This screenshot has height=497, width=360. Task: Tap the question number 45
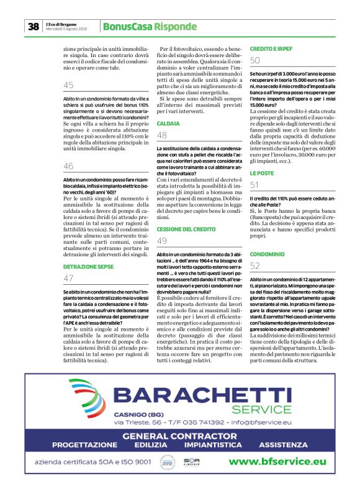[x=68, y=85]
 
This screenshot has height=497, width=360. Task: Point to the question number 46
[x=68, y=166]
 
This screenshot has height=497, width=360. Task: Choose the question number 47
[x=68, y=278]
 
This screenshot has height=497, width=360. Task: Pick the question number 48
[x=162, y=135]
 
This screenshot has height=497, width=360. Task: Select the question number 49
[x=162, y=241]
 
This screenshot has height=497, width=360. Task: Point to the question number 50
[x=255, y=60]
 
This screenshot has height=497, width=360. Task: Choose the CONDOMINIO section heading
[x=268, y=254]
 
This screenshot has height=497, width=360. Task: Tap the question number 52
[x=255, y=266]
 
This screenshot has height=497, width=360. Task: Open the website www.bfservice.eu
[x=277, y=461]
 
